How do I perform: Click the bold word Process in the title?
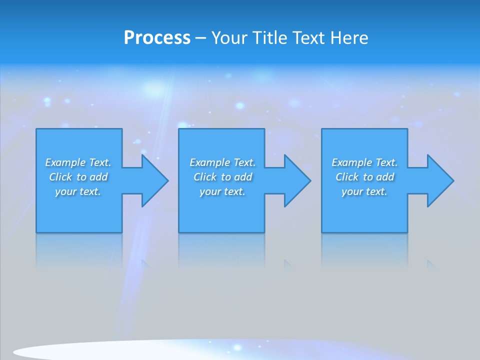[157, 38]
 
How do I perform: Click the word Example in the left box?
[65, 162]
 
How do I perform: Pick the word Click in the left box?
[61, 177]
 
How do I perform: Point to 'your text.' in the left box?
[78, 191]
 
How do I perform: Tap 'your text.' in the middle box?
[222, 191]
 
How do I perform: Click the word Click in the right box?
[347, 177]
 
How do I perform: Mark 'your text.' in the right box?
[364, 191]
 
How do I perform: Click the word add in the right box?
[385, 177]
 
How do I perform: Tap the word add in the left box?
[99, 177]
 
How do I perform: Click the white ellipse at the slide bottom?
[100, 351]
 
